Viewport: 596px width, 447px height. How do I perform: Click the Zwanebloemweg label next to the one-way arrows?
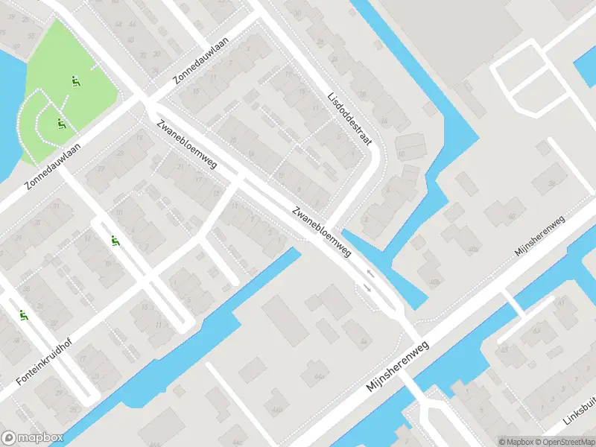coord(322,232)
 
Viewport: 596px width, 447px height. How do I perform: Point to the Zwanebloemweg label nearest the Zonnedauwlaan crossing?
coord(187,145)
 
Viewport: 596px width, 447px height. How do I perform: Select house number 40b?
coord(434,280)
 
